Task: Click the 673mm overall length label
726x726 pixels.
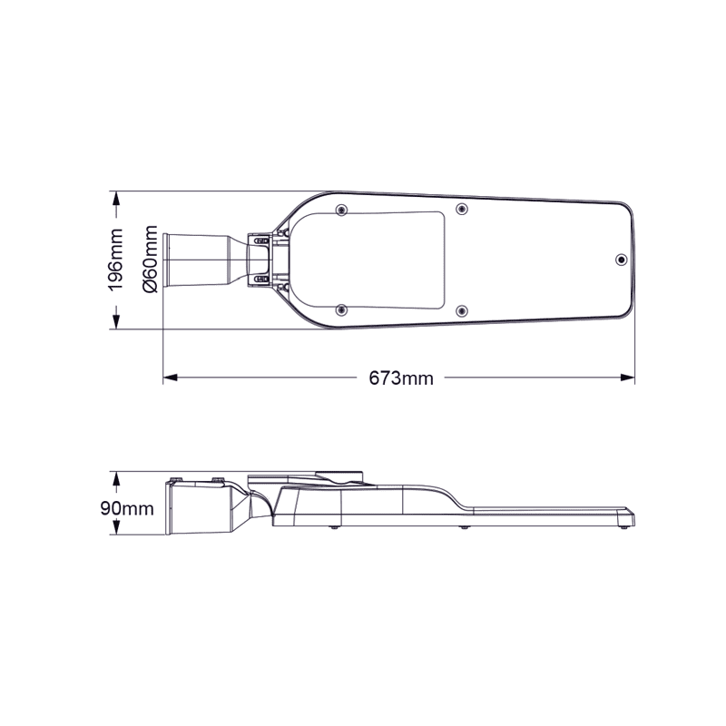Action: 400,378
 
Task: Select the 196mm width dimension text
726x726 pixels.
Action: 116,260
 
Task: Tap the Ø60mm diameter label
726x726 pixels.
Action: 151,261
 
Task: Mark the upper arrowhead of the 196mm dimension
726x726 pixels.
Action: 116,198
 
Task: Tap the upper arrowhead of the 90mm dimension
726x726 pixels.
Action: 116,476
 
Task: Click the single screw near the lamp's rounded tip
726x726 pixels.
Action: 620,260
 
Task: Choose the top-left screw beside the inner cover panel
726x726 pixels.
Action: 341,210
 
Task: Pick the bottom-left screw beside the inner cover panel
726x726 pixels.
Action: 341,310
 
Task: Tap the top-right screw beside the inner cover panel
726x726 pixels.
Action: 462,210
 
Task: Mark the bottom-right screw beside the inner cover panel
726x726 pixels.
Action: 462,310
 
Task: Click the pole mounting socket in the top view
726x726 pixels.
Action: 195,260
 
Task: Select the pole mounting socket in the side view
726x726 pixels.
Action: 195,508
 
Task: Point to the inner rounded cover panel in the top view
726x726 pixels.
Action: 381,260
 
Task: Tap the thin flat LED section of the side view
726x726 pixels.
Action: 554,515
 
